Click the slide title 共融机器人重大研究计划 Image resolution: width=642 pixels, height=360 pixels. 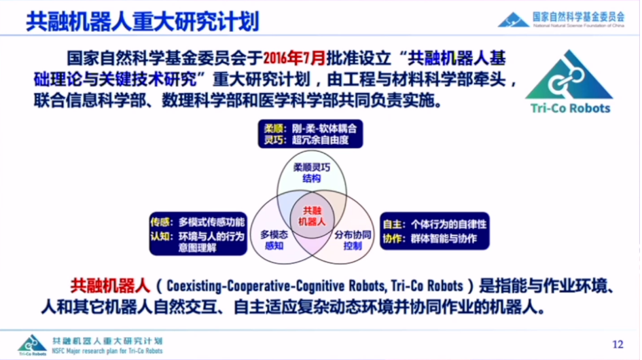[143, 20]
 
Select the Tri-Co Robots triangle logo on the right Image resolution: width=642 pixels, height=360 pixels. [569, 75]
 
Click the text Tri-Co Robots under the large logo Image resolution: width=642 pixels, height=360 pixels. [569, 108]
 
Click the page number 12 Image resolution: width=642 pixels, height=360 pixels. [617, 344]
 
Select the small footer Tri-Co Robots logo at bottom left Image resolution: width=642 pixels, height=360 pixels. [31, 344]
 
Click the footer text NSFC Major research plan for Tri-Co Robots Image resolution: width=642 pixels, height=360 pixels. [107, 350]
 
